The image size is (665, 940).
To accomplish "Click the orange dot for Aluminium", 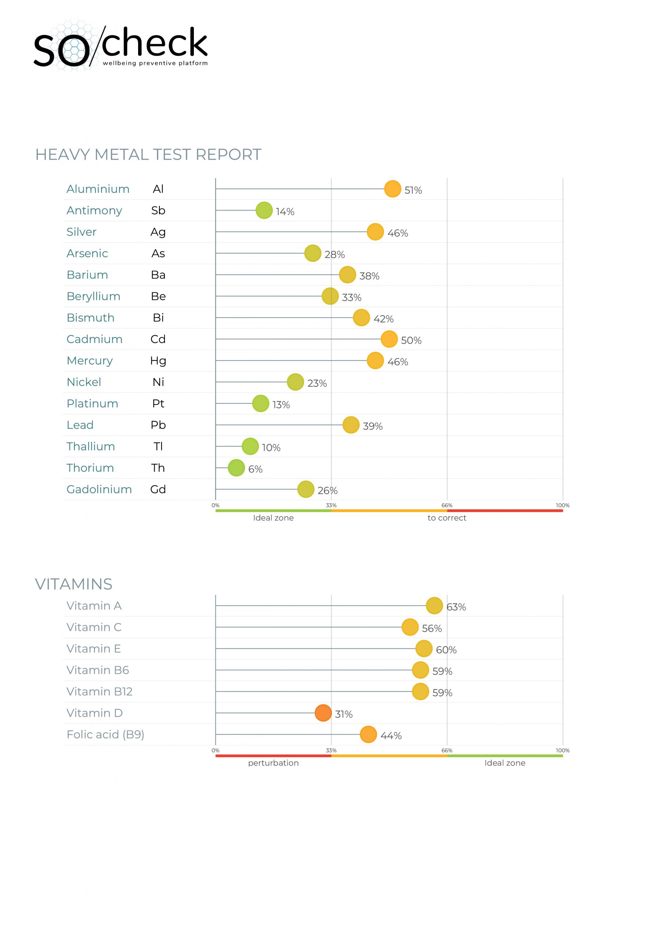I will point(392,189).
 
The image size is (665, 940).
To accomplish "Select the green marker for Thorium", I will point(236,467).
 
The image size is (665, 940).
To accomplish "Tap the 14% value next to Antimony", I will point(285,211).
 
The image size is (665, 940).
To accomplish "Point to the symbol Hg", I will point(158,361).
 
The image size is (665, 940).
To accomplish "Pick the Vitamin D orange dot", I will point(323,713).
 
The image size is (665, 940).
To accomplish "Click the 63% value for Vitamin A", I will point(456,607).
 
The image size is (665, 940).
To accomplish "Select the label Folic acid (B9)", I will point(105,734).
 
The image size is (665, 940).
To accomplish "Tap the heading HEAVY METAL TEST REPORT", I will point(148,155).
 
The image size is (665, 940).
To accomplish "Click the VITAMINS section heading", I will point(74,584).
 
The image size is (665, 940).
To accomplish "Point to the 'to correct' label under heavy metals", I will point(447,518).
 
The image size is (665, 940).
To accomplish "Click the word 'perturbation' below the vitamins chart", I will point(273,763).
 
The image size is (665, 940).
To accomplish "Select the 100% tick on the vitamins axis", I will point(563,751).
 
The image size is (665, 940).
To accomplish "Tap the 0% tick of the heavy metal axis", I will point(216,505).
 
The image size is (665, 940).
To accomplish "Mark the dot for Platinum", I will point(260,403).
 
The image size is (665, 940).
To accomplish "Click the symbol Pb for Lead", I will point(158,425).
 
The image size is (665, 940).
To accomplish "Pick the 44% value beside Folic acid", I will point(391,736).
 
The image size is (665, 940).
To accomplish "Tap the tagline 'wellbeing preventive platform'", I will point(155,63).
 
